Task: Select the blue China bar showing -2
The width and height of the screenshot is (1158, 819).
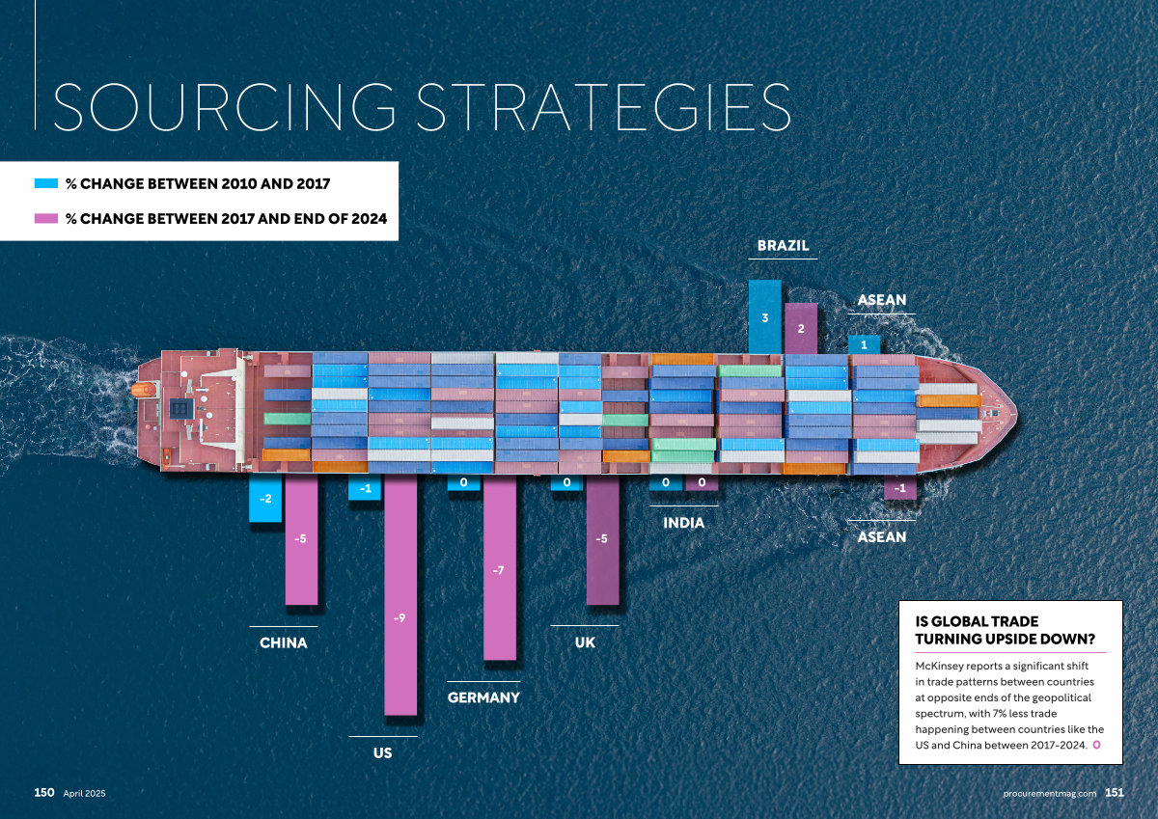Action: (x=265, y=499)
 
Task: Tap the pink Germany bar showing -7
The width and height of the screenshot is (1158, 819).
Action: (x=499, y=569)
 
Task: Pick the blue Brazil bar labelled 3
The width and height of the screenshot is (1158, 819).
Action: (x=764, y=316)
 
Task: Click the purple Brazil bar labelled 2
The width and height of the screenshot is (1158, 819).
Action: (x=801, y=328)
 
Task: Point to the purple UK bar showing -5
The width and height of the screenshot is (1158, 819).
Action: (x=602, y=540)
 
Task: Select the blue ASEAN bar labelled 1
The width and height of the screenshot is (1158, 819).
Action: (x=864, y=344)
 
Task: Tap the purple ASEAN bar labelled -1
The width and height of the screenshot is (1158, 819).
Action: (x=900, y=488)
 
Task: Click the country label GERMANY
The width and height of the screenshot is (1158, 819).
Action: (x=483, y=697)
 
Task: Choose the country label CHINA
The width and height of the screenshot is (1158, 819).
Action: (x=284, y=642)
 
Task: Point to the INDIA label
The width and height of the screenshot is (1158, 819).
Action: (x=683, y=523)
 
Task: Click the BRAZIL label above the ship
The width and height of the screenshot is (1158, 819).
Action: (x=783, y=246)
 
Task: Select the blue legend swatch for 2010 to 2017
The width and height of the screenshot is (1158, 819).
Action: (x=46, y=182)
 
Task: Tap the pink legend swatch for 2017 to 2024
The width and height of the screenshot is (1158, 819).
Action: (x=46, y=219)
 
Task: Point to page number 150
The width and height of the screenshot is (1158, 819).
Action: (x=44, y=792)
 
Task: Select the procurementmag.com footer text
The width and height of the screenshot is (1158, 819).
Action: (x=1050, y=793)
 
